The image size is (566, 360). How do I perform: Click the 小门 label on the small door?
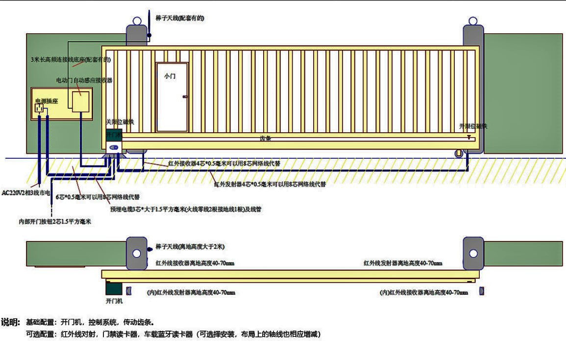point(170,76)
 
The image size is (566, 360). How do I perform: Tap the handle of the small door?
point(185,97)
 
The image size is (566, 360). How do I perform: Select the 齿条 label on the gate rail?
point(265,139)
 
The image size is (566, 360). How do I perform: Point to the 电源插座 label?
point(46,101)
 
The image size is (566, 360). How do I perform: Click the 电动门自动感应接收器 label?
point(84,80)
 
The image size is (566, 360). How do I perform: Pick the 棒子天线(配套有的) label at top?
point(179,18)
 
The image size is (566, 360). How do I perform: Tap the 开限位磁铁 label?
point(473,126)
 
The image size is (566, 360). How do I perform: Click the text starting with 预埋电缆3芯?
point(186,209)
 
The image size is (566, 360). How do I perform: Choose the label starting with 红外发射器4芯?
point(270,184)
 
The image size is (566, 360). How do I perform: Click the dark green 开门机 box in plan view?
point(114,288)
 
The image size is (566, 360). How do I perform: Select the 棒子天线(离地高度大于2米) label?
point(190,246)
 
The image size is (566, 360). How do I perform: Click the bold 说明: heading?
point(10,322)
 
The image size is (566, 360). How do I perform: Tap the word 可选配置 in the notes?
point(40,335)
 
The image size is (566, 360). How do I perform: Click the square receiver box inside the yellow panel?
point(81,101)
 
